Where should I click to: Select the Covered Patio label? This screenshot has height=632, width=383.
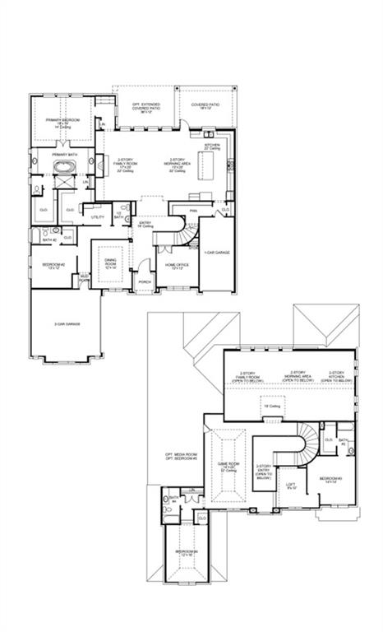coord(205,106)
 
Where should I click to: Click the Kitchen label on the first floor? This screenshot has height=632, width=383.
coord(211,145)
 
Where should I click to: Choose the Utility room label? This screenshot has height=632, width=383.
coord(96,216)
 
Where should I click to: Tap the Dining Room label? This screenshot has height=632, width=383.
coord(110,263)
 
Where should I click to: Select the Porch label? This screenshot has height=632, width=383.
coord(145,281)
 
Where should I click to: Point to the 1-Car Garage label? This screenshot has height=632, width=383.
coord(217,252)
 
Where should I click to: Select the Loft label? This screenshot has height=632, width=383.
coord(291,486)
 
